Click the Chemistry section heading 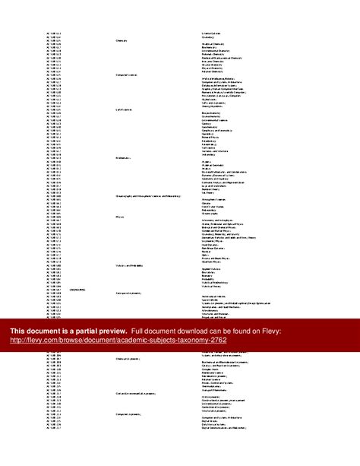(121, 40)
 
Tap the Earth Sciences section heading (124, 111)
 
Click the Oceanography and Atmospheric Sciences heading (149, 195)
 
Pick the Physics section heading (119, 216)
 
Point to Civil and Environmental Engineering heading (137, 393)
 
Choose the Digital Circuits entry (212, 421)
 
